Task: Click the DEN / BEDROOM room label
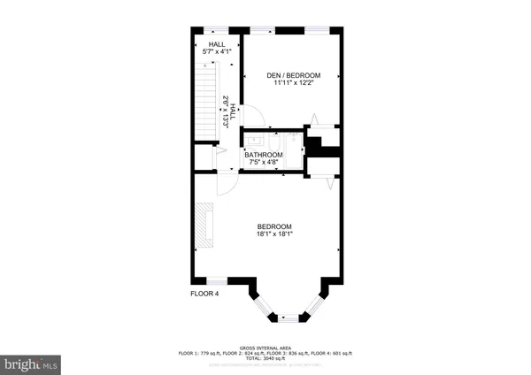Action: pyautogui.click(x=293, y=75)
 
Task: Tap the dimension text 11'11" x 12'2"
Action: pyautogui.click(x=293, y=84)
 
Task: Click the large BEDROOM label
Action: pyautogui.click(x=274, y=226)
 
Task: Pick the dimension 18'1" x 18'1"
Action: pyautogui.click(x=274, y=235)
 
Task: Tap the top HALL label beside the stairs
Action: pyautogui.click(x=217, y=44)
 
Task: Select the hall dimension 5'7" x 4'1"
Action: pyautogui.click(x=217, y=53)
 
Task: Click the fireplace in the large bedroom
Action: pyautogui.click(x=206, y=226)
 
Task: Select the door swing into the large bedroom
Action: pyautogui.click(x=227, y=184)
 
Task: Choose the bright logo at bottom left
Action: pyautogui.click(x=31, y=363)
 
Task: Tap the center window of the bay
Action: pyautogui.click(x=289, y=318)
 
